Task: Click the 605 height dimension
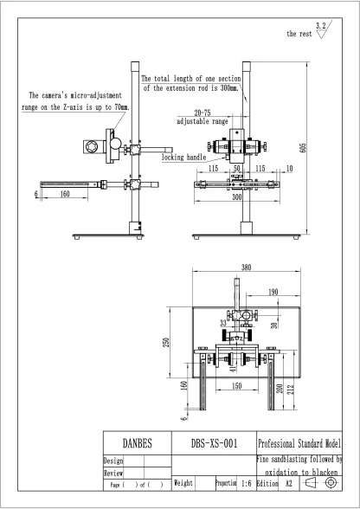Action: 302,148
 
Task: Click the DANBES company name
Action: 138,442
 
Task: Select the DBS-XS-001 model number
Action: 214,442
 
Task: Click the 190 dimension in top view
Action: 273,292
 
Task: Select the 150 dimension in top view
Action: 236,386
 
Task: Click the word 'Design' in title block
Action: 113,461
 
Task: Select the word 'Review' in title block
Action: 113,474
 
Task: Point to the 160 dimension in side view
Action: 65,194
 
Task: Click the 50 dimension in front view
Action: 236,169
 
